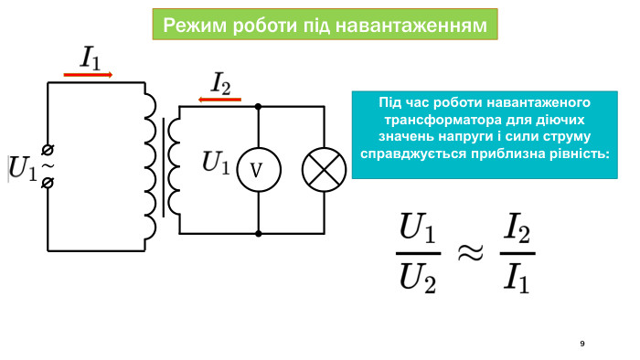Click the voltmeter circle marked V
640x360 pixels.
tap(257, 170)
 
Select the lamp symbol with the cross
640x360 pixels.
tap(324, 170)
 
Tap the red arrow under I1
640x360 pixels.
tap(89, 75)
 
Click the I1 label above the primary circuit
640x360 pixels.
tap(91, 59)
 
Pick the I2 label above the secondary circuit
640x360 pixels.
tap(220, 84)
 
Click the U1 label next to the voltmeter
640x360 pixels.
tap(216, 164)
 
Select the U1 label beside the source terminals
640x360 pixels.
tap(23, 167)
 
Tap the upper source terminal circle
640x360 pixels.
tap(48, 149)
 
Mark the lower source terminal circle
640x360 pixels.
tap(48, 183)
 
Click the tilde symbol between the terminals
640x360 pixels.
tap(48, 165)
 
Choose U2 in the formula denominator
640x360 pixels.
tap(418, 277)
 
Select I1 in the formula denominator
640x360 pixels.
tap(517, 277)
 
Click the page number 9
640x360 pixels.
tap(582, 344)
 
